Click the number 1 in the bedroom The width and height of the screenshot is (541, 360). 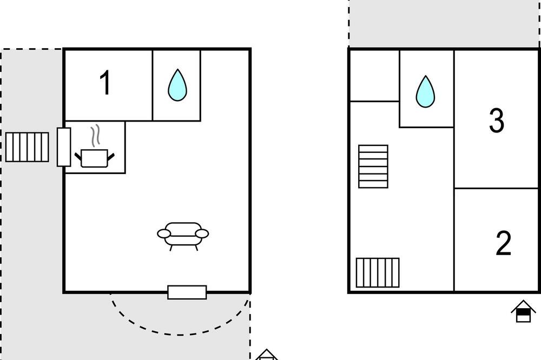[x=105, y=82]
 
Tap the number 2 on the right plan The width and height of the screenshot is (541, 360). [x=503, y=243]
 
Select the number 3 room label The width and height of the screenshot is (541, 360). [x=497, y=121]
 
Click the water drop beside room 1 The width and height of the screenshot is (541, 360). [x=177, y=85]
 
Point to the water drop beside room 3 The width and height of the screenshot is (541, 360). [x=425, y=92]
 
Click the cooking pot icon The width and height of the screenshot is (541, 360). [x=95, y=158]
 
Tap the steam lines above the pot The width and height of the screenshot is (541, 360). [x=96, y=136]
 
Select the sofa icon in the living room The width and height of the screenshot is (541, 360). [x=183, y=236]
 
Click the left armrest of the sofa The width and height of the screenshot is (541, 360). [x=164, y=234]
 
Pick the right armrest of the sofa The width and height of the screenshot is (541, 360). [x=202, y=234]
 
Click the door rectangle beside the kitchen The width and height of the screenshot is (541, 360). [x=64, y=147]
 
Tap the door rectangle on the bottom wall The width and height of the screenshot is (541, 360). [x=187, y=292]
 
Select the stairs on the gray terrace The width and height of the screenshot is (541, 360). [x=27, y=147]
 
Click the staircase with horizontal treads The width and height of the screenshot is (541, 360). [x=373, y=166]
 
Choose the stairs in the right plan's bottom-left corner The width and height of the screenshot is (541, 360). [x=378, y=272]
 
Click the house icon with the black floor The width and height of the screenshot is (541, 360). [x=523, y=311]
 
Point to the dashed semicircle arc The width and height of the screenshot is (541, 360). [x=180, y=334]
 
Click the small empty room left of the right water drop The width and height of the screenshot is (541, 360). [x=375, y=76]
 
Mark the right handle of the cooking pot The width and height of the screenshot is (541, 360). [x=111, y=157]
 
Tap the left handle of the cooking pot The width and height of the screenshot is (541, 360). [x=78, y=157]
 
